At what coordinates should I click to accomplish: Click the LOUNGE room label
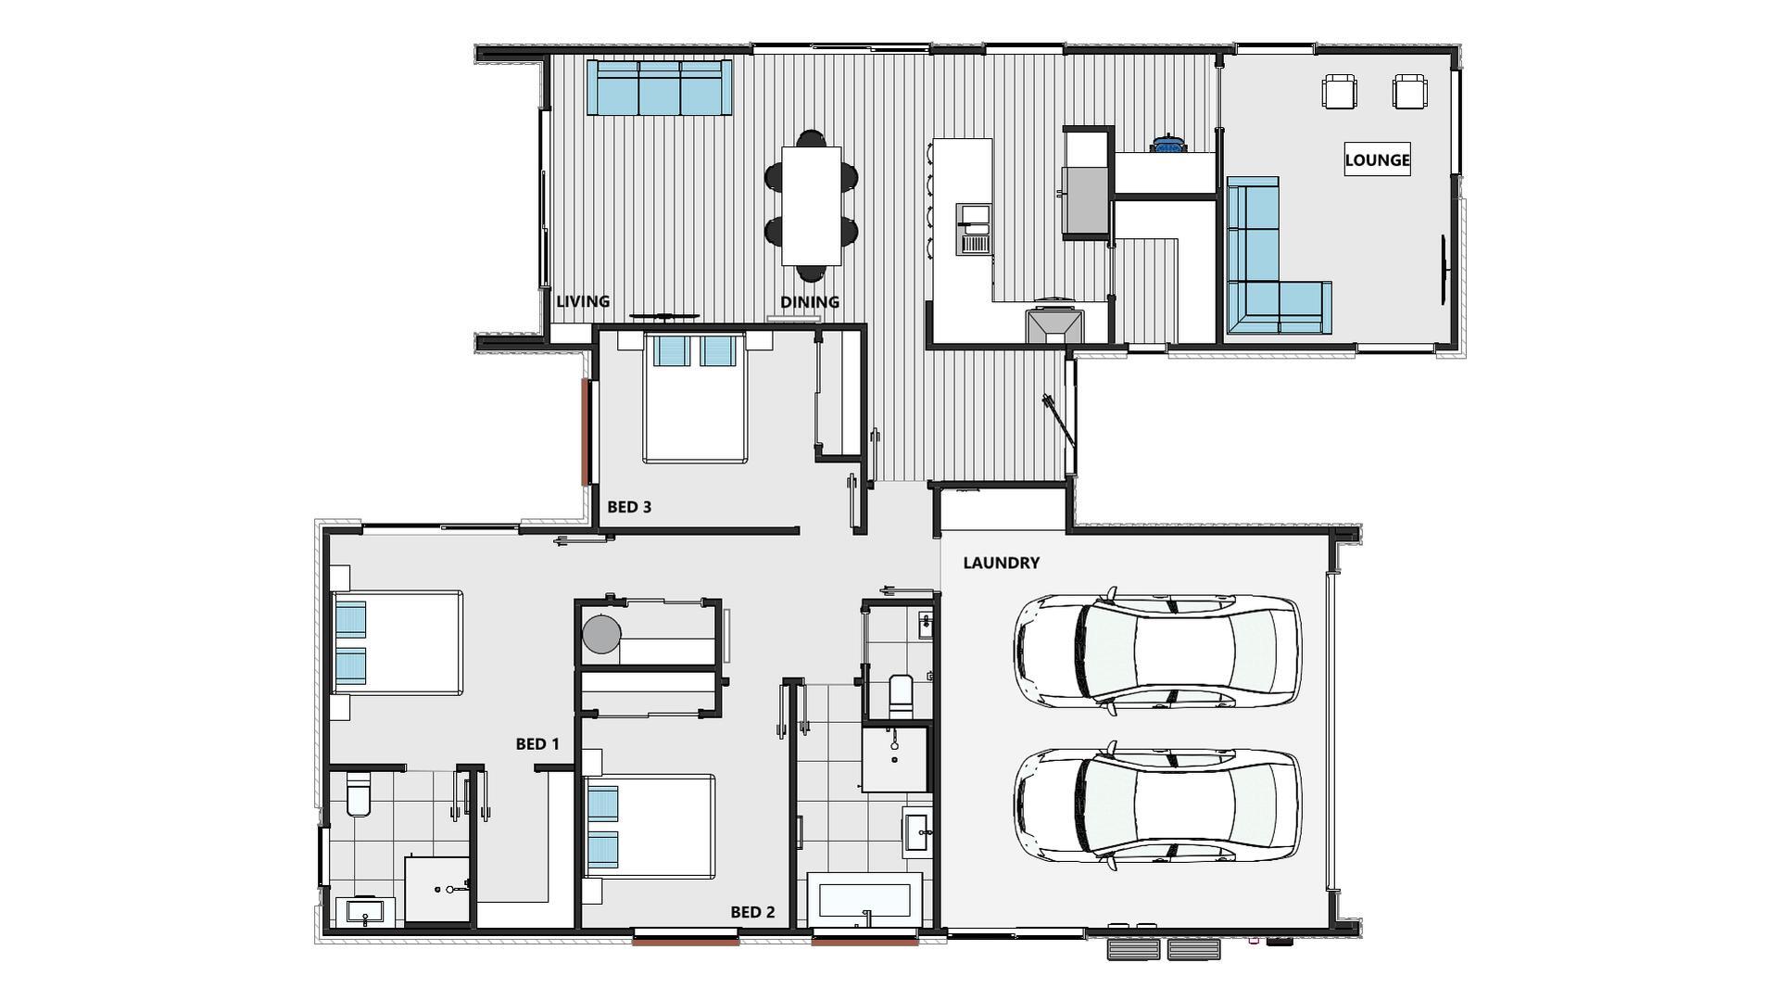(1377, 160)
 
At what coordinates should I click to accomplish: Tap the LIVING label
(583, 301)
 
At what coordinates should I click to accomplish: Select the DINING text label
(809, 302)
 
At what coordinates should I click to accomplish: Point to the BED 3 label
(629, 507)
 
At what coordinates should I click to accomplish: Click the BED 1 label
(537, 744)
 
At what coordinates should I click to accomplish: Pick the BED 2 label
(752, 912)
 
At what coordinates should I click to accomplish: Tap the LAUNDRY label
(1001, 563)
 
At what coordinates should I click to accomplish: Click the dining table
(811, 205)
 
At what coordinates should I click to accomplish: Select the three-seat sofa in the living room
(659, 87)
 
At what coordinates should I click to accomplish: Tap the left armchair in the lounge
(1339, 92)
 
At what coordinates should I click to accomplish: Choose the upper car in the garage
(1157, 651)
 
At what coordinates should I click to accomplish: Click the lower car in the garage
(1157, 805)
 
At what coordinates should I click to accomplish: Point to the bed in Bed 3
(695, 403)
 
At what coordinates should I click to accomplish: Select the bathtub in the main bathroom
(864, 901)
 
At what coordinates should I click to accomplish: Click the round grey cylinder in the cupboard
(601, 634)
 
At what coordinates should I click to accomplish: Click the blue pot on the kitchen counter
(1168, 145)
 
